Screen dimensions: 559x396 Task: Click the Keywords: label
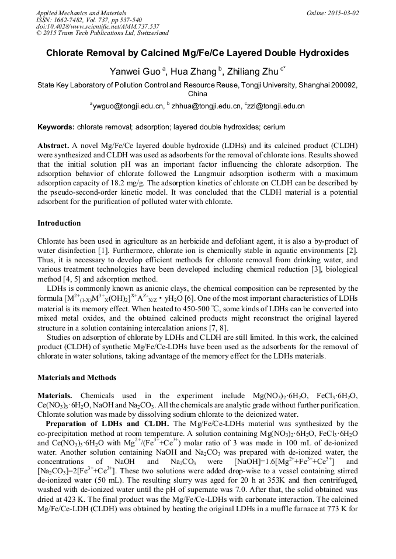[56, 127]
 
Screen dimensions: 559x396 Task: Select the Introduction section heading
[59, 223]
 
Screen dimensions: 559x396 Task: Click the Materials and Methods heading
[77, 378]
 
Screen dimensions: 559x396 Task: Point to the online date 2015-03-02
[344, 12]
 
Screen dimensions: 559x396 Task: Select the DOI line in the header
[98, 26]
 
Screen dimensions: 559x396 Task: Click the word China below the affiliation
[197, 94]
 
